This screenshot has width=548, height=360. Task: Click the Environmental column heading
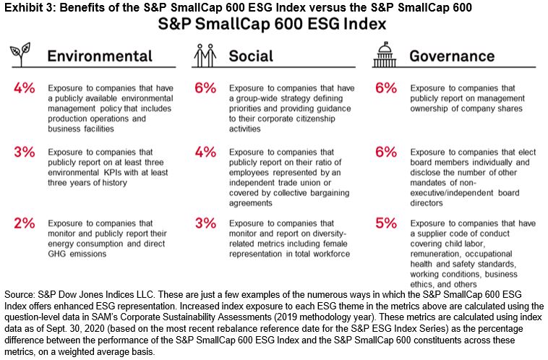point(100,56)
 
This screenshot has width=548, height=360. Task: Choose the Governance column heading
point(452,56)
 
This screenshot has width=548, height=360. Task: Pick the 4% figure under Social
point(205,153)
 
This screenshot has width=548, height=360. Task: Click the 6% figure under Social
point(205,88)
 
